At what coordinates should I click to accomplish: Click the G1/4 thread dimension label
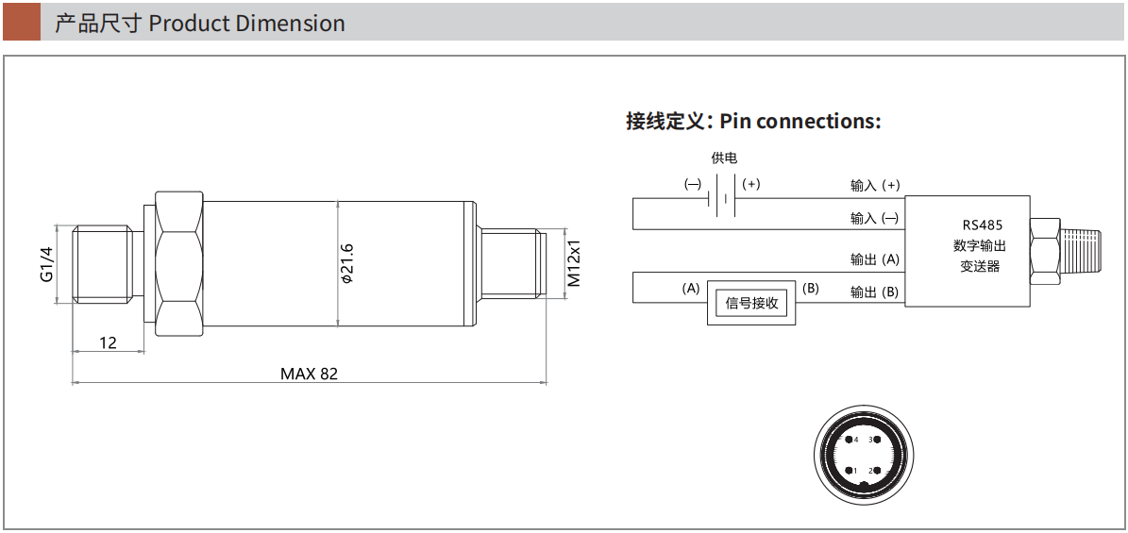click(47, 264)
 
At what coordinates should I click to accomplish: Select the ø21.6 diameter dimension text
click(346, 264)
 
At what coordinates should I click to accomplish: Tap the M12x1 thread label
click(574, 264)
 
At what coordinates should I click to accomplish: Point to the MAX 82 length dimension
click(309, 374)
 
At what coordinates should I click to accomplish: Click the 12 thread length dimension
click(108, 342)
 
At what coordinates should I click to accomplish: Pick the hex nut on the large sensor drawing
click(177, 264)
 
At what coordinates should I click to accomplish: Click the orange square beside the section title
click(22, 22)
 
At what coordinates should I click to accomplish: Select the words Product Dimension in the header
click(246, 23)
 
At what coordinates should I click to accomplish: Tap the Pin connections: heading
click(800, 121)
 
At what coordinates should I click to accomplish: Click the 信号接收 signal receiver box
click(752, 303)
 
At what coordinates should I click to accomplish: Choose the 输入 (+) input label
click(875, 185)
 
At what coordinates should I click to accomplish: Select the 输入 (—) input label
click(875, 218)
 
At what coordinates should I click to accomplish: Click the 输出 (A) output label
click(875, 258)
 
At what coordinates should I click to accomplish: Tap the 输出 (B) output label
click(875, 291)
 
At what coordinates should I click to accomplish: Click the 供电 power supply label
click(724, 158)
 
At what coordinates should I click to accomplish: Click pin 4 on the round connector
click(849, 441)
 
